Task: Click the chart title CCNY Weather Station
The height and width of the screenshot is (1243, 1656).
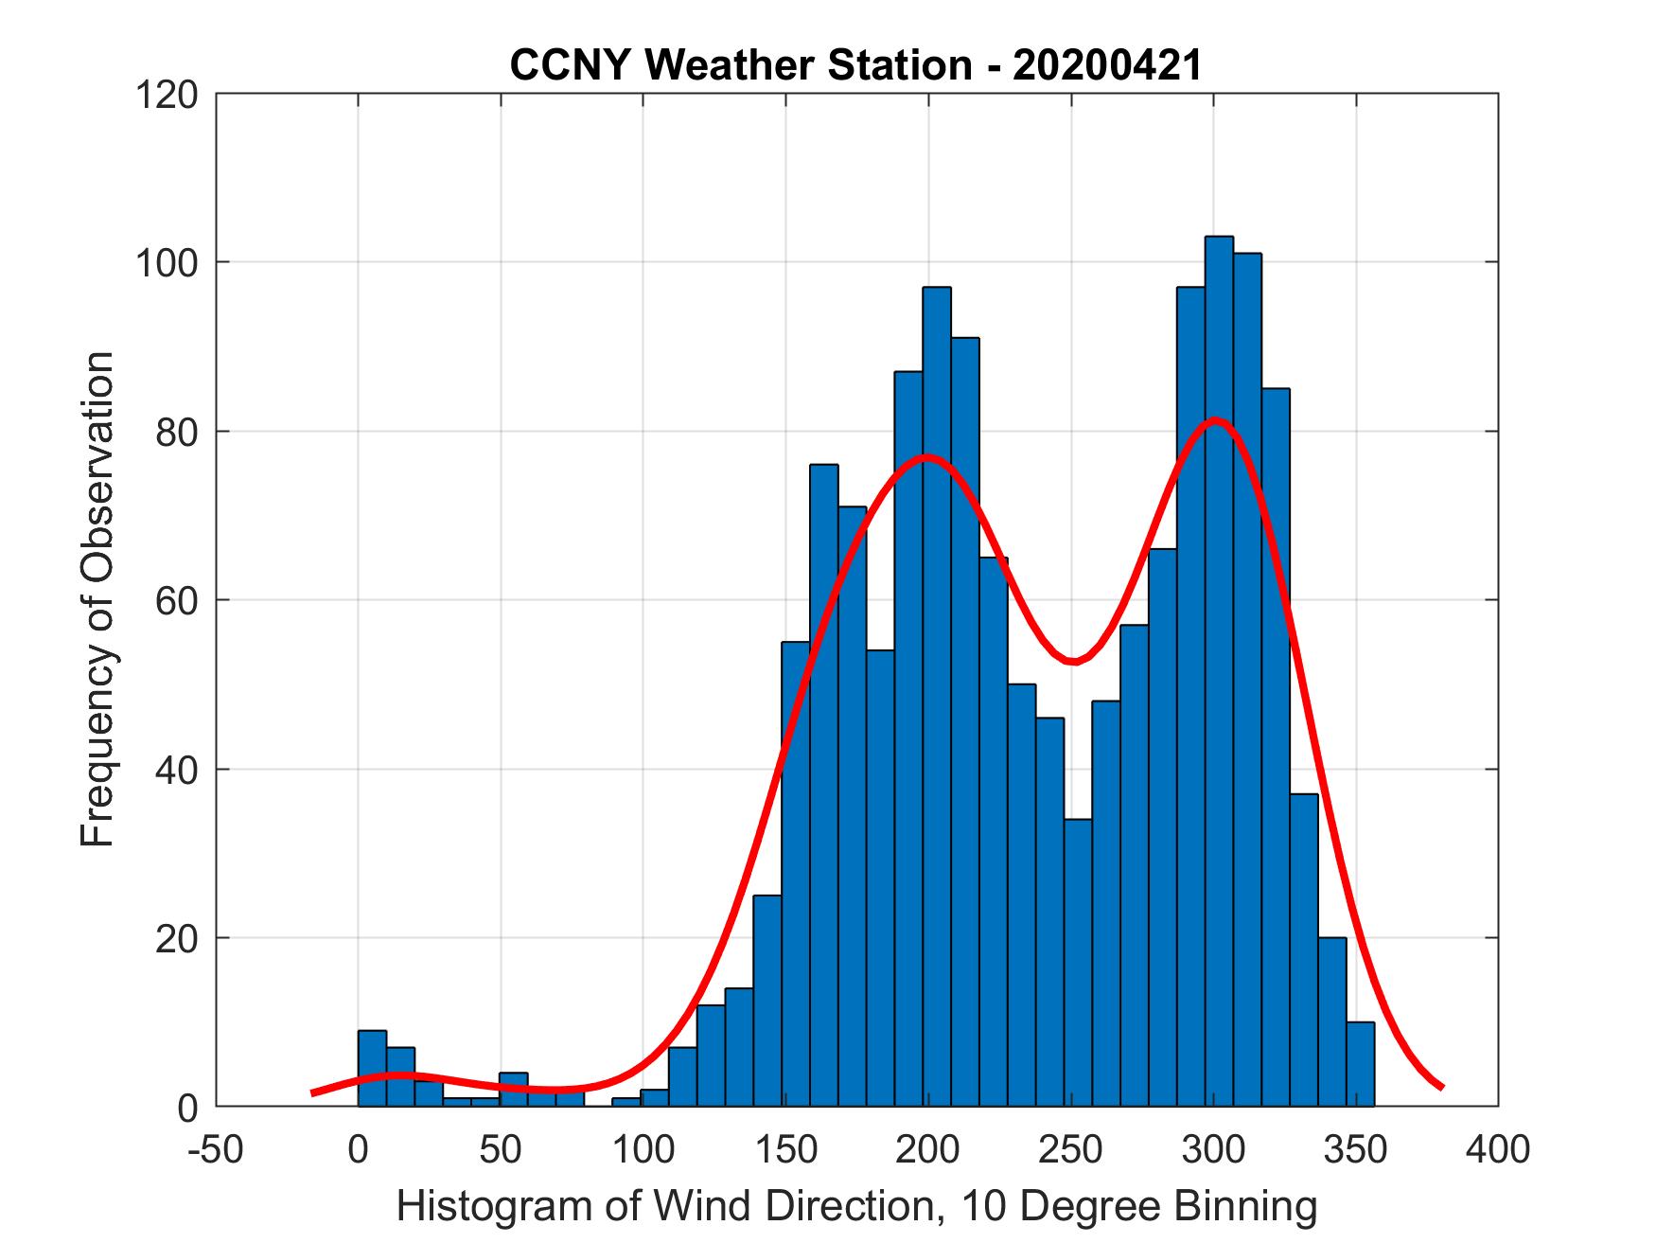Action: click(855, 65)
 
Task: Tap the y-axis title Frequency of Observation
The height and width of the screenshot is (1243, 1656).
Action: click(98, 598)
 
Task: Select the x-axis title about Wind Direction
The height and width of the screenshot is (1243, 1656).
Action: click(856, 1206)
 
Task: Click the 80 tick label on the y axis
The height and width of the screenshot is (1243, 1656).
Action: click(176, 432)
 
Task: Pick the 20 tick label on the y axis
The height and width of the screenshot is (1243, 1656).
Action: click(176, 938)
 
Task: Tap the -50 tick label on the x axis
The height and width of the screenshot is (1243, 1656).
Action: click(216, 1149)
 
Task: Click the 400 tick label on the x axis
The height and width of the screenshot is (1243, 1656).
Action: click(1498, 1149)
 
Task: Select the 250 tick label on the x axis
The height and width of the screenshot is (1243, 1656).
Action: click(1070, 1149)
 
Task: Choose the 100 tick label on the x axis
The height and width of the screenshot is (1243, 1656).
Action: click(643, 1149)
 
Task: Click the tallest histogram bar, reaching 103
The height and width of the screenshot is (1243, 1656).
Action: click(1219, 663)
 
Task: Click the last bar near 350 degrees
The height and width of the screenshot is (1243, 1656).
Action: click(1360, 1064)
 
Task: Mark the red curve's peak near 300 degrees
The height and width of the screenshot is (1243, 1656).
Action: click(1215, 420)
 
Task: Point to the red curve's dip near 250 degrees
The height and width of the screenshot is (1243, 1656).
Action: click(1072, 661)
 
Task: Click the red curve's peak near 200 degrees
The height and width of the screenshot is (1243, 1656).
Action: click(928, 457)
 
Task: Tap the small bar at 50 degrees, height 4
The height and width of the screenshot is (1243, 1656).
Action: click(514, 1090)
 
